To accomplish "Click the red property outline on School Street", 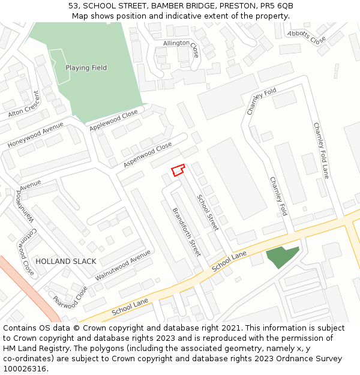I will click(x=178, y=170).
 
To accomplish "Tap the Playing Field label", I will click(x=86, y=68).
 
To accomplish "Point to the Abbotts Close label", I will click(x=307, y=37).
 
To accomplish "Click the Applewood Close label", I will click(x=113, y=121).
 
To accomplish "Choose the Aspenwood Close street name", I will click(x=148, y=155).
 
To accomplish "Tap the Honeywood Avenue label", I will click(x=35, y=135).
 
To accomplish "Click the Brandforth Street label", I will click(x=186, y=232).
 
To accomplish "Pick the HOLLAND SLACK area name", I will click(x=66, y=262).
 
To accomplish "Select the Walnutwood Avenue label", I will click(x=123, y=266).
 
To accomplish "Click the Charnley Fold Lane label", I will click(x=322, y=151).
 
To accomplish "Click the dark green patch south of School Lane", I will click(x=281, y=256).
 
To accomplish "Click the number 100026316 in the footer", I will click(x=25, y=368).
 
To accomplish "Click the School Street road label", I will click(x=208, y=212).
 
